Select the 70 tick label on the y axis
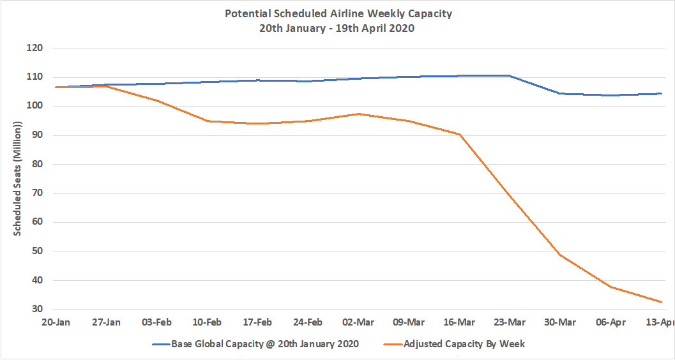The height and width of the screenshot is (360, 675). (36, 193)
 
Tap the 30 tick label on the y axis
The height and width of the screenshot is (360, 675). (36, 310)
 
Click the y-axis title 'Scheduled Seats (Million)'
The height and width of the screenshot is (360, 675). (18, 179)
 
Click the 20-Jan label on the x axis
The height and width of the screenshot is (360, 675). (56, 322)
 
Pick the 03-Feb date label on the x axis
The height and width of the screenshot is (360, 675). (156, 322)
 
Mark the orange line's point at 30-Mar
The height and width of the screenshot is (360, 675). (560, 255)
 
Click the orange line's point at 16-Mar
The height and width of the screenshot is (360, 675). (459, 135)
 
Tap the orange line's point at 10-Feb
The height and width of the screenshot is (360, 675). (207, 121)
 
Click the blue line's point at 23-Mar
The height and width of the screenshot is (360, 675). (510, 75)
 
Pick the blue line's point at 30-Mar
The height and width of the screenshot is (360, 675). (560, 94)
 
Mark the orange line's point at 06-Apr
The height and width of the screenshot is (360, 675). (611, 287)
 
